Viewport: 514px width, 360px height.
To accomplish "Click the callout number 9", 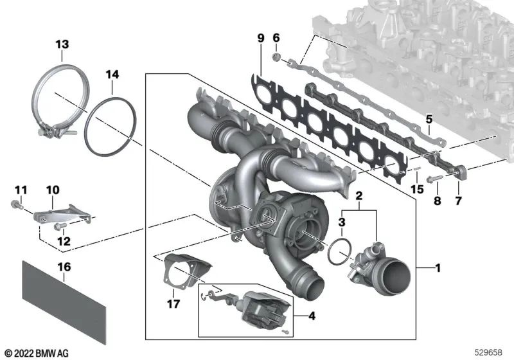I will pos(261,39).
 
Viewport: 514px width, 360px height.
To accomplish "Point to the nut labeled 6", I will pos(275,58).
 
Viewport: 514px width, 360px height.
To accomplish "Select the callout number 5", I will pos(429,119).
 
